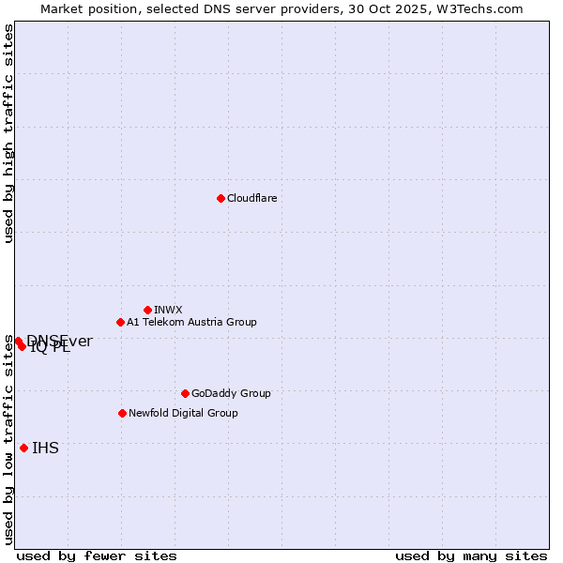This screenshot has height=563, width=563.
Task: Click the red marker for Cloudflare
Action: pos(221,198)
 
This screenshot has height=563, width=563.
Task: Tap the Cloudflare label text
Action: pos(251,198)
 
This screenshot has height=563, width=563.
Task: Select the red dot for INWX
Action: pos(147,310)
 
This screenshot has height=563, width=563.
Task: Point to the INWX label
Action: pos(168,310)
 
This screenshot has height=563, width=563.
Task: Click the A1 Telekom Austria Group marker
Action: pos(120,322)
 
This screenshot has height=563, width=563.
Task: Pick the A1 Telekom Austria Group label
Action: pos(191,322)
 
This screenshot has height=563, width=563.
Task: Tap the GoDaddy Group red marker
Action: pos(185,393)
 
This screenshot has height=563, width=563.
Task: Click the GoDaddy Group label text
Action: pos(231,393)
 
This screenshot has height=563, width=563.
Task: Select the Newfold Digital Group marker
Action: pos(122,413)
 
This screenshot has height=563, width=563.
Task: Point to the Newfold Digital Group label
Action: pos(183,413)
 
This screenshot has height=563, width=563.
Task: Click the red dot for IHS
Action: pos(23,448)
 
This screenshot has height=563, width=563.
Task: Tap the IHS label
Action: pos(45,448)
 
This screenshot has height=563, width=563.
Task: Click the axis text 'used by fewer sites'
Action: pos(97,555)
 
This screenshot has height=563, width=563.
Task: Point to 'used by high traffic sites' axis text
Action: pos(8,133)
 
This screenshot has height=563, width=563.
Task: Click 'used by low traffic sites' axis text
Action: pos(8,439)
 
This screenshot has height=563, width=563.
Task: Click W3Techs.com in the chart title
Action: pos(484,8)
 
